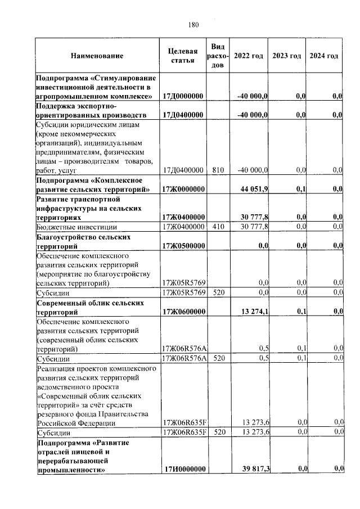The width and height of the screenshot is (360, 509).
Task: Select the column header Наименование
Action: point(97,56)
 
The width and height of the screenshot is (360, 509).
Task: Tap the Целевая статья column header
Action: point(183,56)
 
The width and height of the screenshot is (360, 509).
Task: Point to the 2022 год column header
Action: point(248,56)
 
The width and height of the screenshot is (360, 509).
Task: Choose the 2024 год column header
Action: point(324,56)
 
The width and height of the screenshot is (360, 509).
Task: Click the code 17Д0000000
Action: point(183,97)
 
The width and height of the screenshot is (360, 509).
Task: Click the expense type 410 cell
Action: point(218,227)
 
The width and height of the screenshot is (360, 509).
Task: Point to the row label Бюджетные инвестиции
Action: point(76,227)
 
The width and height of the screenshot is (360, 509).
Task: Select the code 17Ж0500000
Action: point(183,246)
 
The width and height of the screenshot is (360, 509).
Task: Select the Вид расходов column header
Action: point(218,56)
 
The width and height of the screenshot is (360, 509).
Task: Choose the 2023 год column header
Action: point(286,56)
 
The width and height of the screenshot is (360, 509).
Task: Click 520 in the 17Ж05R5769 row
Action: point(218,293)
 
